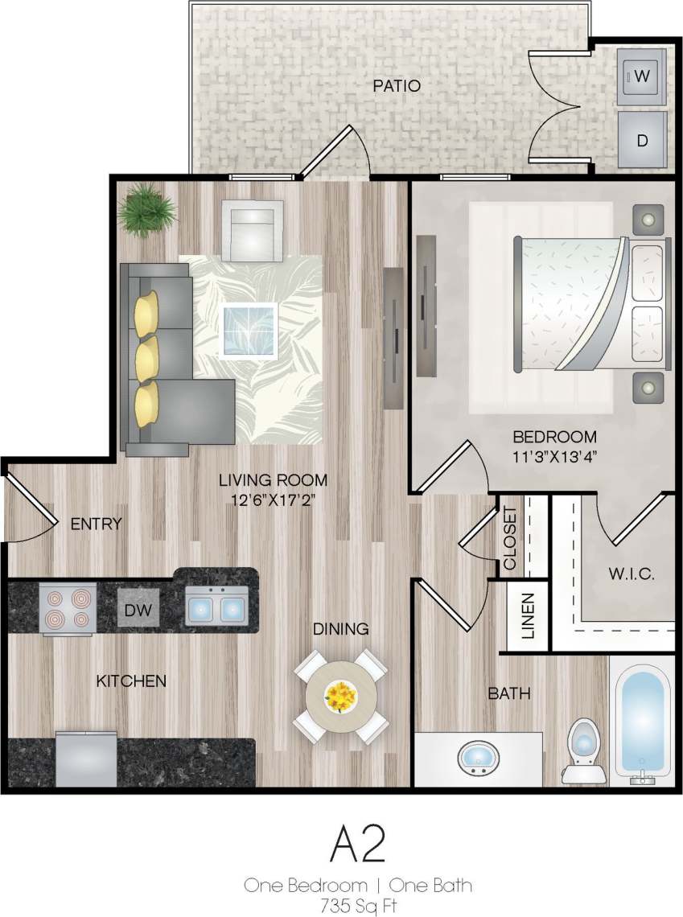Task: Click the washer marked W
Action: [x=641, y=76]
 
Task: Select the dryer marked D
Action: [x=642, y=140]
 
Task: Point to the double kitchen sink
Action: [x=216, y=605]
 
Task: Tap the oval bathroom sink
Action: [x=479, y=757]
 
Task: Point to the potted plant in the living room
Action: [x=146, y=210]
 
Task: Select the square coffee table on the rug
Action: [x=249, y=330]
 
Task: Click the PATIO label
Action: [x=397, y=85]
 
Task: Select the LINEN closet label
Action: [x=528, y=616]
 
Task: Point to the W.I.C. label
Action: [x=631, y=575]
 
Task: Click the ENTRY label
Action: [x=97, y=524]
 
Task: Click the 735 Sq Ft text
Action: [x=357, y=906]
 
